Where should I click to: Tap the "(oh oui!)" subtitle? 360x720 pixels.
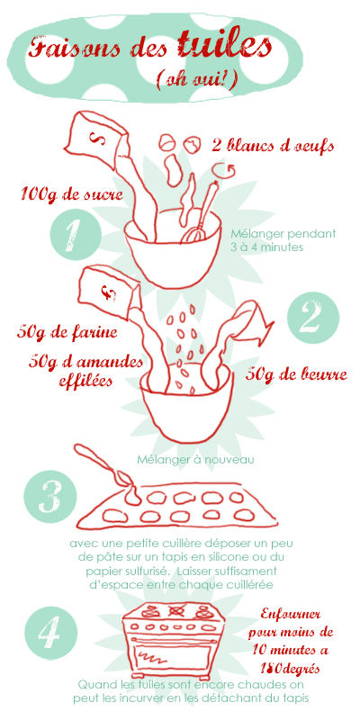[197, 80]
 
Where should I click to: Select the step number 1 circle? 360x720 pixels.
[76, 235]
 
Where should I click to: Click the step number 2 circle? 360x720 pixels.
[313, 319]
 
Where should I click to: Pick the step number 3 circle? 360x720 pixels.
[50, 497]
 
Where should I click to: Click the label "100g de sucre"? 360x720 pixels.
[72, 194]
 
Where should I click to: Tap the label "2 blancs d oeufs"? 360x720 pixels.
[273, 146]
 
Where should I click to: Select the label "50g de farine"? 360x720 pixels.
[67, 331]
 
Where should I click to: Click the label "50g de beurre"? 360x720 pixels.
[296, 374]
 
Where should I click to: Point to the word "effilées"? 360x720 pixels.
[85, 381]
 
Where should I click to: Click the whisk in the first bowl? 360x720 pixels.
[201, 213]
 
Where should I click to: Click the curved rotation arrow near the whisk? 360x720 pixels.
[228, 171]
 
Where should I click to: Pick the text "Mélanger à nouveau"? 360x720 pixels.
[195, 459]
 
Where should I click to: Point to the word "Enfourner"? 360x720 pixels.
[290, 615]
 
